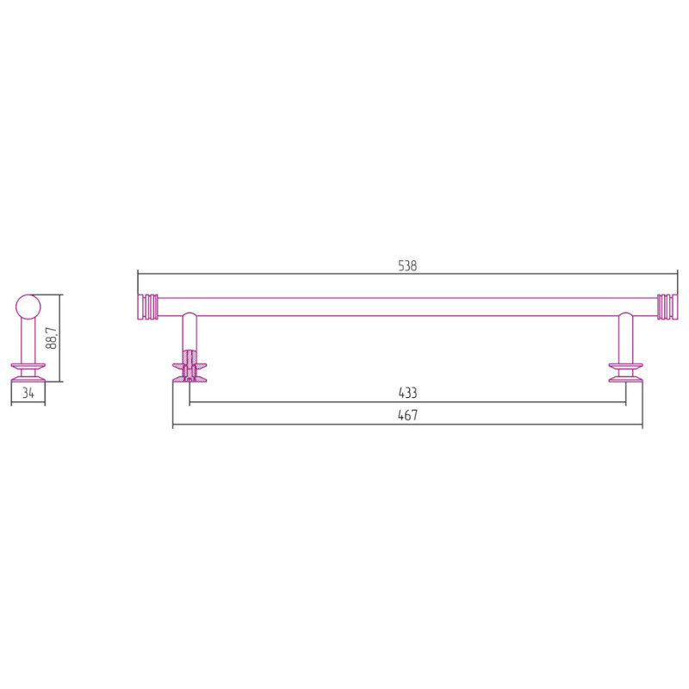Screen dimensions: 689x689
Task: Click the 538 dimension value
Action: (407, 266)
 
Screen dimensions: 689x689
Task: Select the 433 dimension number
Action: (407, 393)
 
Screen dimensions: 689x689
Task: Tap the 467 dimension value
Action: (407, 415)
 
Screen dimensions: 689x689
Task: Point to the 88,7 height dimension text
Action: (52, 338)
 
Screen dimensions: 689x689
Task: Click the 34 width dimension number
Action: (28, 393)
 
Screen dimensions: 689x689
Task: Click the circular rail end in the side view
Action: (28, 307)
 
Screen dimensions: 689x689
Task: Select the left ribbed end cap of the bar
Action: (147, 307)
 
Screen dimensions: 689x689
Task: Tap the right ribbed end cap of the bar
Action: (667, 307)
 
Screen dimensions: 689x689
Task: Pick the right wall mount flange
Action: (626, 373)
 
